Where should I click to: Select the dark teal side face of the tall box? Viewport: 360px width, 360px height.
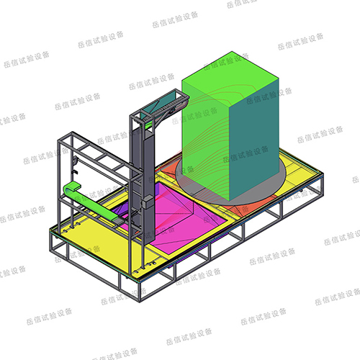tap(254, 139)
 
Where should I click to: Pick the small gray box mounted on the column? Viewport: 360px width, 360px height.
tap(147, 201)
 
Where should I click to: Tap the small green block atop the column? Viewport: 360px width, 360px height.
tap(148, 125)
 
